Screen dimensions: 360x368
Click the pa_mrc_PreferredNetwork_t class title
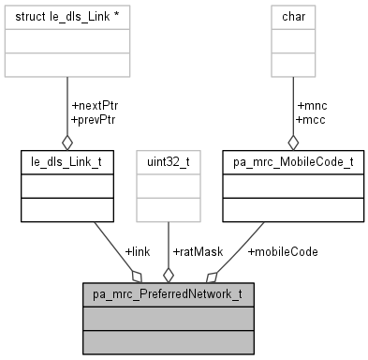tap(168, 295)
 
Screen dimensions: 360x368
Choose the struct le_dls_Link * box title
tap(66, 17)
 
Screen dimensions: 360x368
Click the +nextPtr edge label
tap(94, 106)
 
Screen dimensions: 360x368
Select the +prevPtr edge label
tap(94, 119)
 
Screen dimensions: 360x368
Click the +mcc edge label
tap(310, 119)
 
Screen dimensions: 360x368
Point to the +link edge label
tap(139, 251)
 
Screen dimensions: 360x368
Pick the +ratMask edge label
tap(197, 251)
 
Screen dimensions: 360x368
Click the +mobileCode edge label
tap(283, 251)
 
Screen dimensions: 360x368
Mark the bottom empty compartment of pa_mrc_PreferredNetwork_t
tap(168, 340)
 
